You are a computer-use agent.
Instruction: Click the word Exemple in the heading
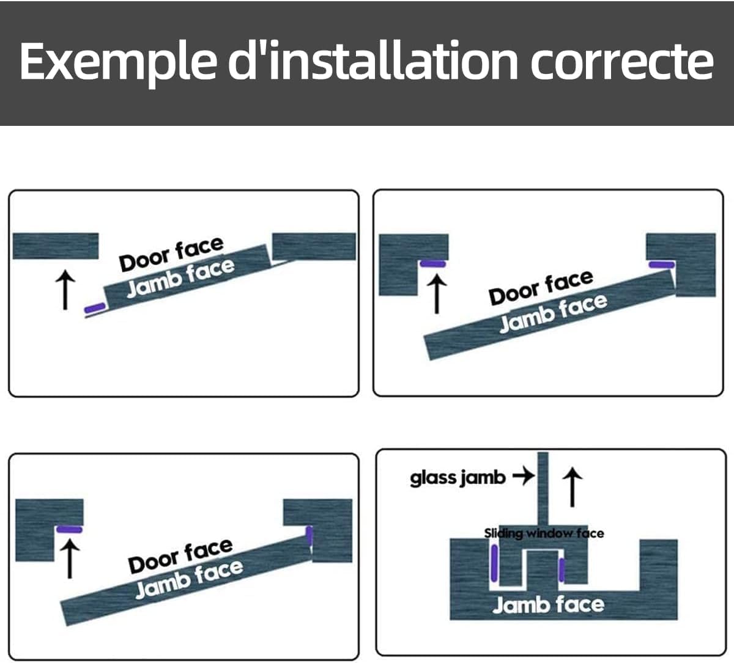click(118, 62)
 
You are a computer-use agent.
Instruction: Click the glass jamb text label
click(458, 478)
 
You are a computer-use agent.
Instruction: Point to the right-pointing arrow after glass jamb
click(524, 476)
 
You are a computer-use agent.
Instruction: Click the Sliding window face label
click(544, 533)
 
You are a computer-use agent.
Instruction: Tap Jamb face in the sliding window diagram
click(548, 604)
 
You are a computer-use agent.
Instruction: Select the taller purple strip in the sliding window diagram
click(494, 563)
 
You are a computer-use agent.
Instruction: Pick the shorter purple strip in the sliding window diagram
click(562, 570)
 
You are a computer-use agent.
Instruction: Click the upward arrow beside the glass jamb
click(573, 488)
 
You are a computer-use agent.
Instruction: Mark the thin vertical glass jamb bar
click(543, 489)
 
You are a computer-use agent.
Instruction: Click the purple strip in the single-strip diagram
click(95, 308)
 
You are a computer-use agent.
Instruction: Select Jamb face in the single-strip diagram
click(181, 278)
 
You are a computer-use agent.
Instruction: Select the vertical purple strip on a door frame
click(310, 535)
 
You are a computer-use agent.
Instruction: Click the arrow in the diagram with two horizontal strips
click(437, 295)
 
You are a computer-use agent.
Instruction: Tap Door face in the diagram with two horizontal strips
click(541, 287)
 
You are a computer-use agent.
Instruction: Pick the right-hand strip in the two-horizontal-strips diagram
click(662, 265)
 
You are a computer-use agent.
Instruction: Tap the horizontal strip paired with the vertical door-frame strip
click(69, 529)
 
